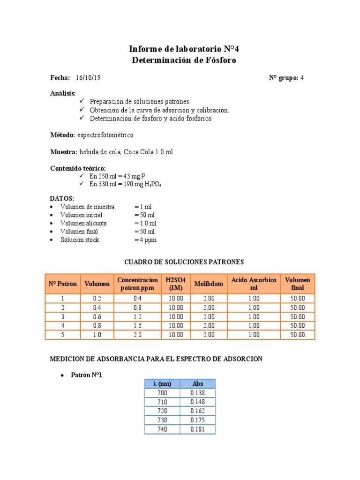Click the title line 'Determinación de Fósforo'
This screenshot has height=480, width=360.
click(184, 60)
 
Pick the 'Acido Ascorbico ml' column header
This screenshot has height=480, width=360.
click(254, 284)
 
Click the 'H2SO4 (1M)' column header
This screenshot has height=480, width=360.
click(176, 284)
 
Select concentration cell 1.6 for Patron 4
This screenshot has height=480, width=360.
click(137, 326)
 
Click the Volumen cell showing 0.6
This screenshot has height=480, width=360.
click(97, 317)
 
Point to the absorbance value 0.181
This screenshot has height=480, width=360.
click(197, 429)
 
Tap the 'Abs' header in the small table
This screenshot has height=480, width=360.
click(197, 384)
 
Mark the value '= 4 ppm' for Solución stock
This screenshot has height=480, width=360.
click(145, 240)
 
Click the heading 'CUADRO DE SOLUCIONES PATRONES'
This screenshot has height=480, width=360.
click(183, 262)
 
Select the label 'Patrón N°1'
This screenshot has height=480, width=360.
click(86, 375)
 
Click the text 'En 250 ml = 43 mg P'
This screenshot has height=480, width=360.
click(117, 176)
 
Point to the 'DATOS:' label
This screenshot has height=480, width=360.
click(62, 198)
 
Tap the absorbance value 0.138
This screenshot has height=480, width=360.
click(197, 393)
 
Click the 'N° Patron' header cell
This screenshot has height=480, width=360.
click(62, 284)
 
